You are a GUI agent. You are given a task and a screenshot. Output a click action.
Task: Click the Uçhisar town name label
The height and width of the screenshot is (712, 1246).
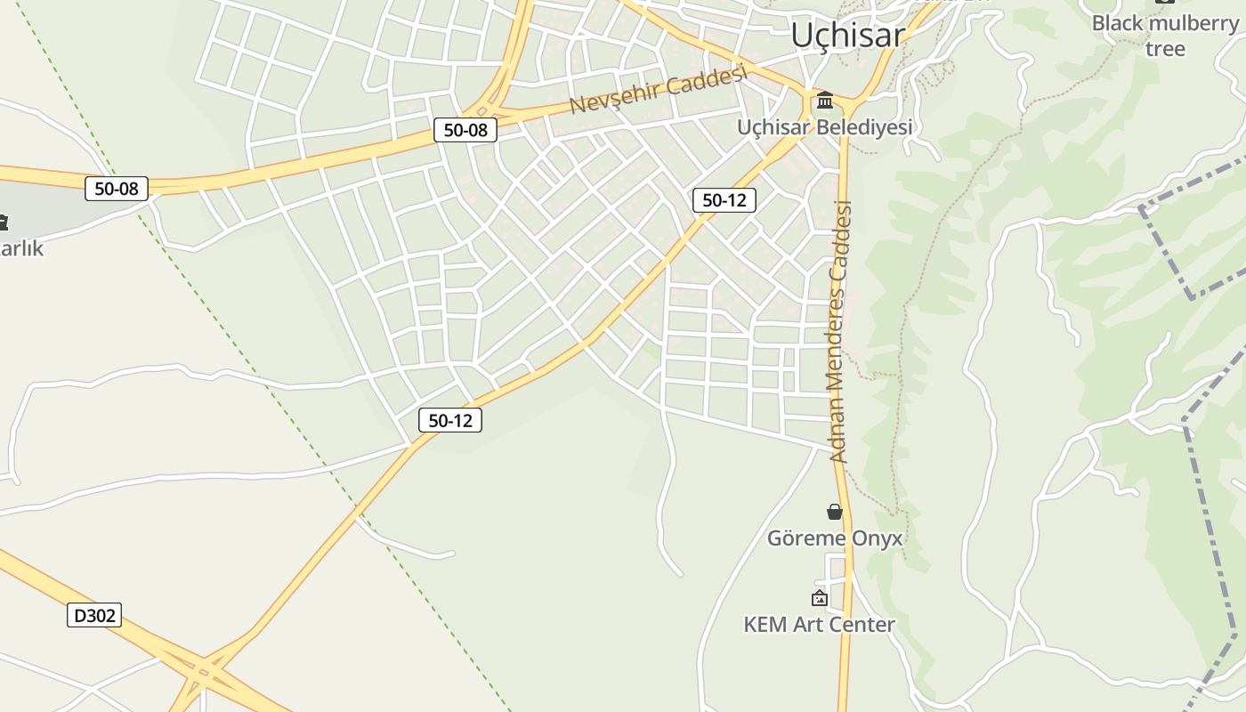coord(847,35)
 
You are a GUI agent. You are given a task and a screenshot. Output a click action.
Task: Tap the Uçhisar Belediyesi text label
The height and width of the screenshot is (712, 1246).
coord(824,127)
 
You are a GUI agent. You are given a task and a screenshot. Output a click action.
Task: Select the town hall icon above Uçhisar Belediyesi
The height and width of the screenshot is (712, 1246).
coord(825,99)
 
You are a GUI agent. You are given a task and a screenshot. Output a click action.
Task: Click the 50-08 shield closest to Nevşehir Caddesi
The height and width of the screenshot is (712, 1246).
coord(465,130)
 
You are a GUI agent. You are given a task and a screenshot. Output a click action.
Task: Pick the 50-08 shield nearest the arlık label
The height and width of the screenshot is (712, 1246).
coord(117,189)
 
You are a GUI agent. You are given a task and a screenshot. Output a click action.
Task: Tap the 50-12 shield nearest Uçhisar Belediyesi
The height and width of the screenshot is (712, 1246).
coord(724,200)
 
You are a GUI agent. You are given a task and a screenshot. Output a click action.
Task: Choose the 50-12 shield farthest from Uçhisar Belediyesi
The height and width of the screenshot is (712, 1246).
coord(450,420)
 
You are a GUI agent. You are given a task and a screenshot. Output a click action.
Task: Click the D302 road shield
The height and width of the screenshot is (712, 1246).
coord(93,615)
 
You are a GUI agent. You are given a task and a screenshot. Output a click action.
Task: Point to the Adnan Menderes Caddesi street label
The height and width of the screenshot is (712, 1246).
coord(840,331)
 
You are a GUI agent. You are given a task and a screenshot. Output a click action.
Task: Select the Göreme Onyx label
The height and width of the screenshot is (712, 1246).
coord(834,538)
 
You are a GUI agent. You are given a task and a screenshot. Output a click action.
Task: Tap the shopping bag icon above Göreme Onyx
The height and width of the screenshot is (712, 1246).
coord(834,512)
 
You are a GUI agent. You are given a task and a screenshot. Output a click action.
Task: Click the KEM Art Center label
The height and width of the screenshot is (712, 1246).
coord(819,625)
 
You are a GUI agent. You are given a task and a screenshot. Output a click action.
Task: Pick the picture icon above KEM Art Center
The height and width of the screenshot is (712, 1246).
coord(819,598)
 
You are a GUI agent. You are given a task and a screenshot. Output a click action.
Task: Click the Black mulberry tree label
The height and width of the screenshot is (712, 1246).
coord(1164,35)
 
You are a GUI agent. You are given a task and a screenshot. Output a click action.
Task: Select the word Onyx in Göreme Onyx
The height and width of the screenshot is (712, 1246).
coord(877,538)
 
